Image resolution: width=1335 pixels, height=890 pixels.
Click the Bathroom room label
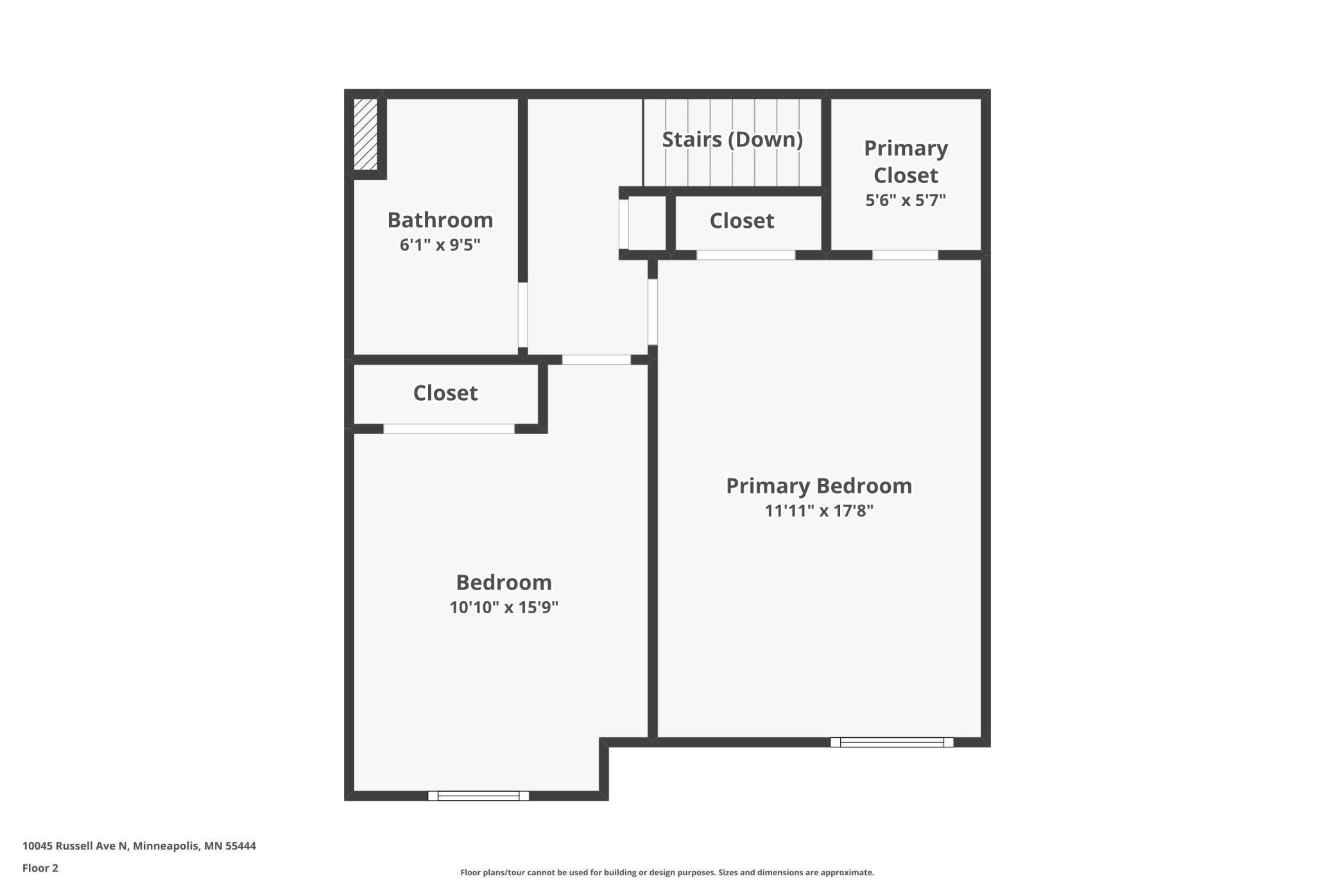coord(440,220)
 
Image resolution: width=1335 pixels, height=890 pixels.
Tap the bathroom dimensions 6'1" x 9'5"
coord(440,245)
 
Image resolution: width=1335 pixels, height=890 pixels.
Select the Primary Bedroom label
coord(818,486)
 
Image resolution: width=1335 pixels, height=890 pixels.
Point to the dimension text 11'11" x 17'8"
coord(818,511)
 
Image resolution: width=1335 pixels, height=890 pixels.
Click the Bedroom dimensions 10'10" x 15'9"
coord(504,607)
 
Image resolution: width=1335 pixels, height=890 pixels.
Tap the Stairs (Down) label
coord(732,139)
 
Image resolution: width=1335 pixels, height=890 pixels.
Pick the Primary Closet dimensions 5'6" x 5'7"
coord(905,200)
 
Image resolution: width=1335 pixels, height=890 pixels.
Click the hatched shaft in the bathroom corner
coord(365,134)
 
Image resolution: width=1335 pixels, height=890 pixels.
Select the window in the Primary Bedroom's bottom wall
coord(891,742)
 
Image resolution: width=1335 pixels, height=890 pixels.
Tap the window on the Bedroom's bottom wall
coord(478,796)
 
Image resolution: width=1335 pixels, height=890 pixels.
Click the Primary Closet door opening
coord(904,255)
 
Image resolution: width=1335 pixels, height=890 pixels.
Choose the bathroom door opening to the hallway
coord(523,315)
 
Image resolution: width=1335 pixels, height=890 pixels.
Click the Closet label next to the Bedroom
coord(445,393)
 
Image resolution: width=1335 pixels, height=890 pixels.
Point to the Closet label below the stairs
coord(741,221)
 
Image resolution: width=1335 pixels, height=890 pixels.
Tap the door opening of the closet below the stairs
coord(746,255)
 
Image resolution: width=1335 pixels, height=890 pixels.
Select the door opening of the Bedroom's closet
coord(449,429)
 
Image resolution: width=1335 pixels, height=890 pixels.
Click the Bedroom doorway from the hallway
coord(596,360)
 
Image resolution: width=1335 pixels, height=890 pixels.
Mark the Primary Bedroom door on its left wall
coord(653,311)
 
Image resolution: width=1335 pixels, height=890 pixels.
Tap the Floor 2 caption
coord(40,868)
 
